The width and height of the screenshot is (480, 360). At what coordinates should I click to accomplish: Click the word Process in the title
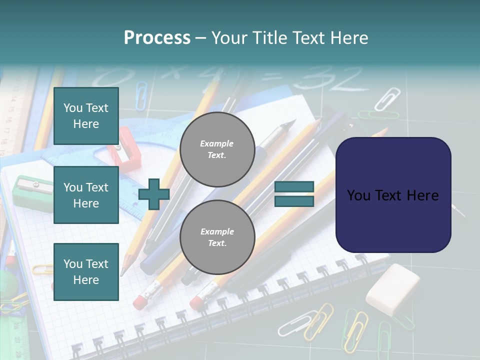tap(157, 38)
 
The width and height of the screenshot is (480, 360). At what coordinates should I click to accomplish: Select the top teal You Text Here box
tap(86, 116)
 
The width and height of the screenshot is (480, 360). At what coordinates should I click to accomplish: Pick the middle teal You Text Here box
tap(86, 195)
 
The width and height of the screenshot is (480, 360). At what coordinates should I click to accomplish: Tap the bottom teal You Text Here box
tap(86, 272)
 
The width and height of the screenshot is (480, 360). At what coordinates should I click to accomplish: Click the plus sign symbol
tap(153, 194)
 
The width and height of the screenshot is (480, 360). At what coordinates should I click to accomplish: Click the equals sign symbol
tap(294, 194)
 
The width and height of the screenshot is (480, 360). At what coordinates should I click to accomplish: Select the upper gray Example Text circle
tap(217, 149)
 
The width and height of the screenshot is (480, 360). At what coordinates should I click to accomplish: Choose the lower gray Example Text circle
tap(217, 237)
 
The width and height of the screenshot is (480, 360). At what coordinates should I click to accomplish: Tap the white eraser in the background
tap(393, 289)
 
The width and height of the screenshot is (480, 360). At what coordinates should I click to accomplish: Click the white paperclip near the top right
tap(388, 98)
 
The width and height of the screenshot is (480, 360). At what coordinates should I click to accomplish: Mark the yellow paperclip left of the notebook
tap(42, 269)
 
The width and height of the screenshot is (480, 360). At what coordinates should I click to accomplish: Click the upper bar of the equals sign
tap(294, 187)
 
